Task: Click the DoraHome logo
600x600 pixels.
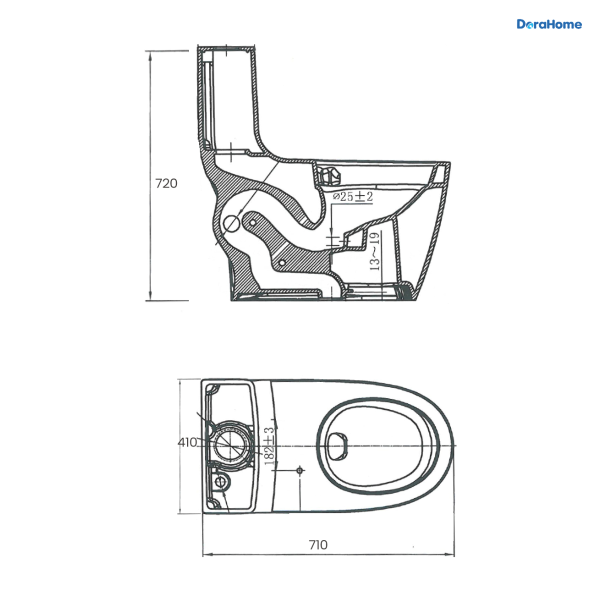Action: pos(549,24)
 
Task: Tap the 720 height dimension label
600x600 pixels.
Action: pos(166,183)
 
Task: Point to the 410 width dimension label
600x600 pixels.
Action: pos(187,442)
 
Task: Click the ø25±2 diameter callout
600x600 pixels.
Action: pos(353,196)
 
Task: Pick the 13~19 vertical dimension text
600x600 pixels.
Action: pos(375,251)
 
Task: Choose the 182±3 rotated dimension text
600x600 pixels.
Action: pos(269,446)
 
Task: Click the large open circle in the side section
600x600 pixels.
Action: pos(232,223)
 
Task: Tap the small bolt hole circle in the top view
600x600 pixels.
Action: pos(299,470)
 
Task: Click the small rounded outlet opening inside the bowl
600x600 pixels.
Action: pos(338,446)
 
